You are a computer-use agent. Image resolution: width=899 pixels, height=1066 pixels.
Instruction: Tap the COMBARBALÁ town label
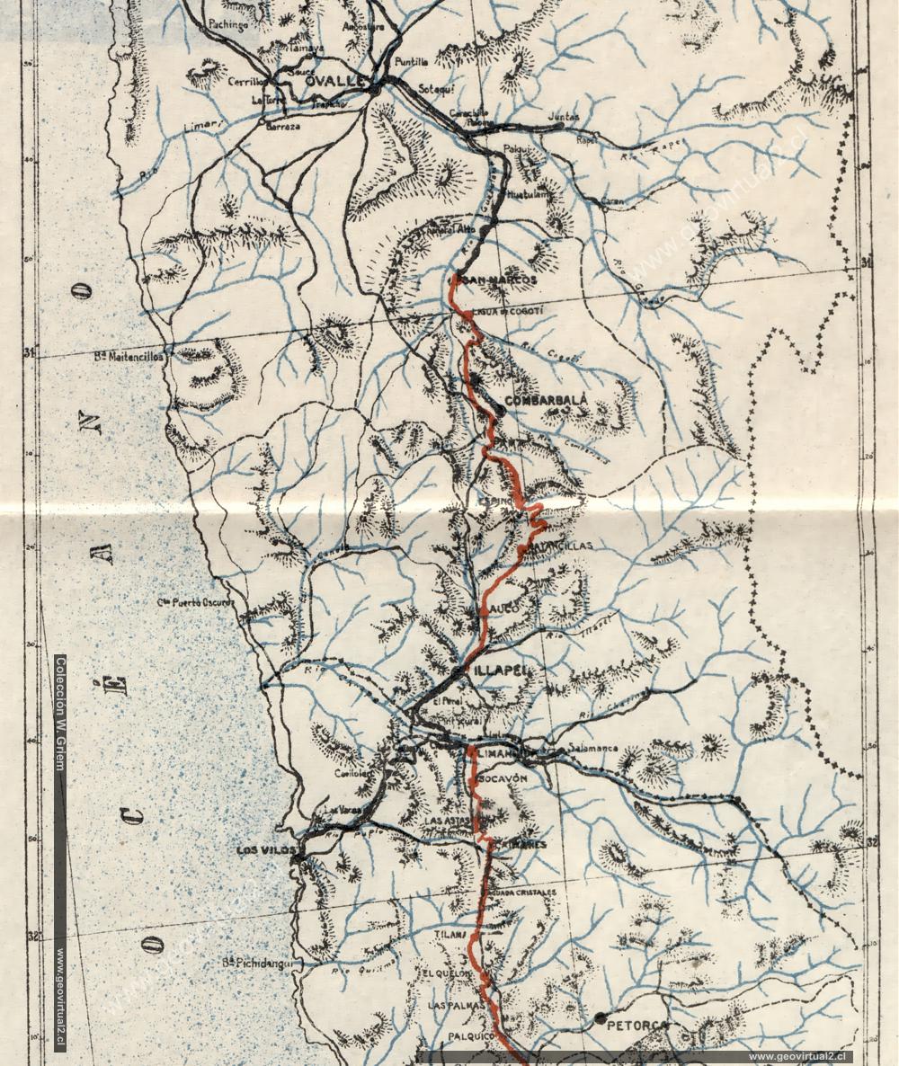point(547,399)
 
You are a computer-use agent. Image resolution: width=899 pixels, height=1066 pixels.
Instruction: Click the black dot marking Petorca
point(600,1017)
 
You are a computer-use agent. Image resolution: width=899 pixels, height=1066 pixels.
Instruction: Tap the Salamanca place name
point(592,748)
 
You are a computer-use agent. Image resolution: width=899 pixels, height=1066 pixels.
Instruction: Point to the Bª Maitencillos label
point(129,357)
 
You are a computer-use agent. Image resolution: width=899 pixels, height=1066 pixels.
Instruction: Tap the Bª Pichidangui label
point(262,964)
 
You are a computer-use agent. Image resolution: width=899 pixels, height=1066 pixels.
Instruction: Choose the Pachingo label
point(227,25)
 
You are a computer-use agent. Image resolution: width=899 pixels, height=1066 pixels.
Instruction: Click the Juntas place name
point(563,117)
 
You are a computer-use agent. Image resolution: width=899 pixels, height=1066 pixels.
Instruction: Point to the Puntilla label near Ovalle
point(412,62)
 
